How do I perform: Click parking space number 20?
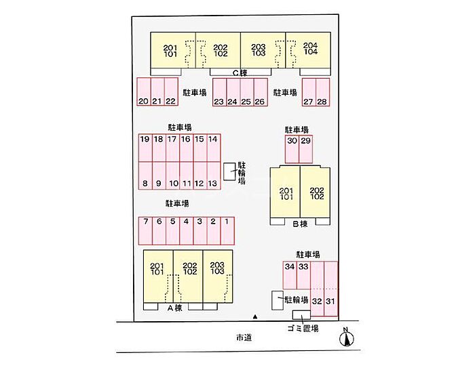click(143, 93)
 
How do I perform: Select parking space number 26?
click(260, 93)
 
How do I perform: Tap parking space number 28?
click(322, 93)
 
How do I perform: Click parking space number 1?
click(227, 230)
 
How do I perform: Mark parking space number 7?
click(145, 230)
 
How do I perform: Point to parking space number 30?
click(292, 149)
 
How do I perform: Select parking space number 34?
click(290, 274)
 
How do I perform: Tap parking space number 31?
click(330, 291)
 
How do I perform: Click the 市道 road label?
click(244, 337)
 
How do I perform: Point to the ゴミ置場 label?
click(299, 329)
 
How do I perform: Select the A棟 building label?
click(174, 308)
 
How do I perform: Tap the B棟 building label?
click(300, 224)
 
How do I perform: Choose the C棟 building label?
click(240, 72)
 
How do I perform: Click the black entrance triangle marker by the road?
click(255, 316)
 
